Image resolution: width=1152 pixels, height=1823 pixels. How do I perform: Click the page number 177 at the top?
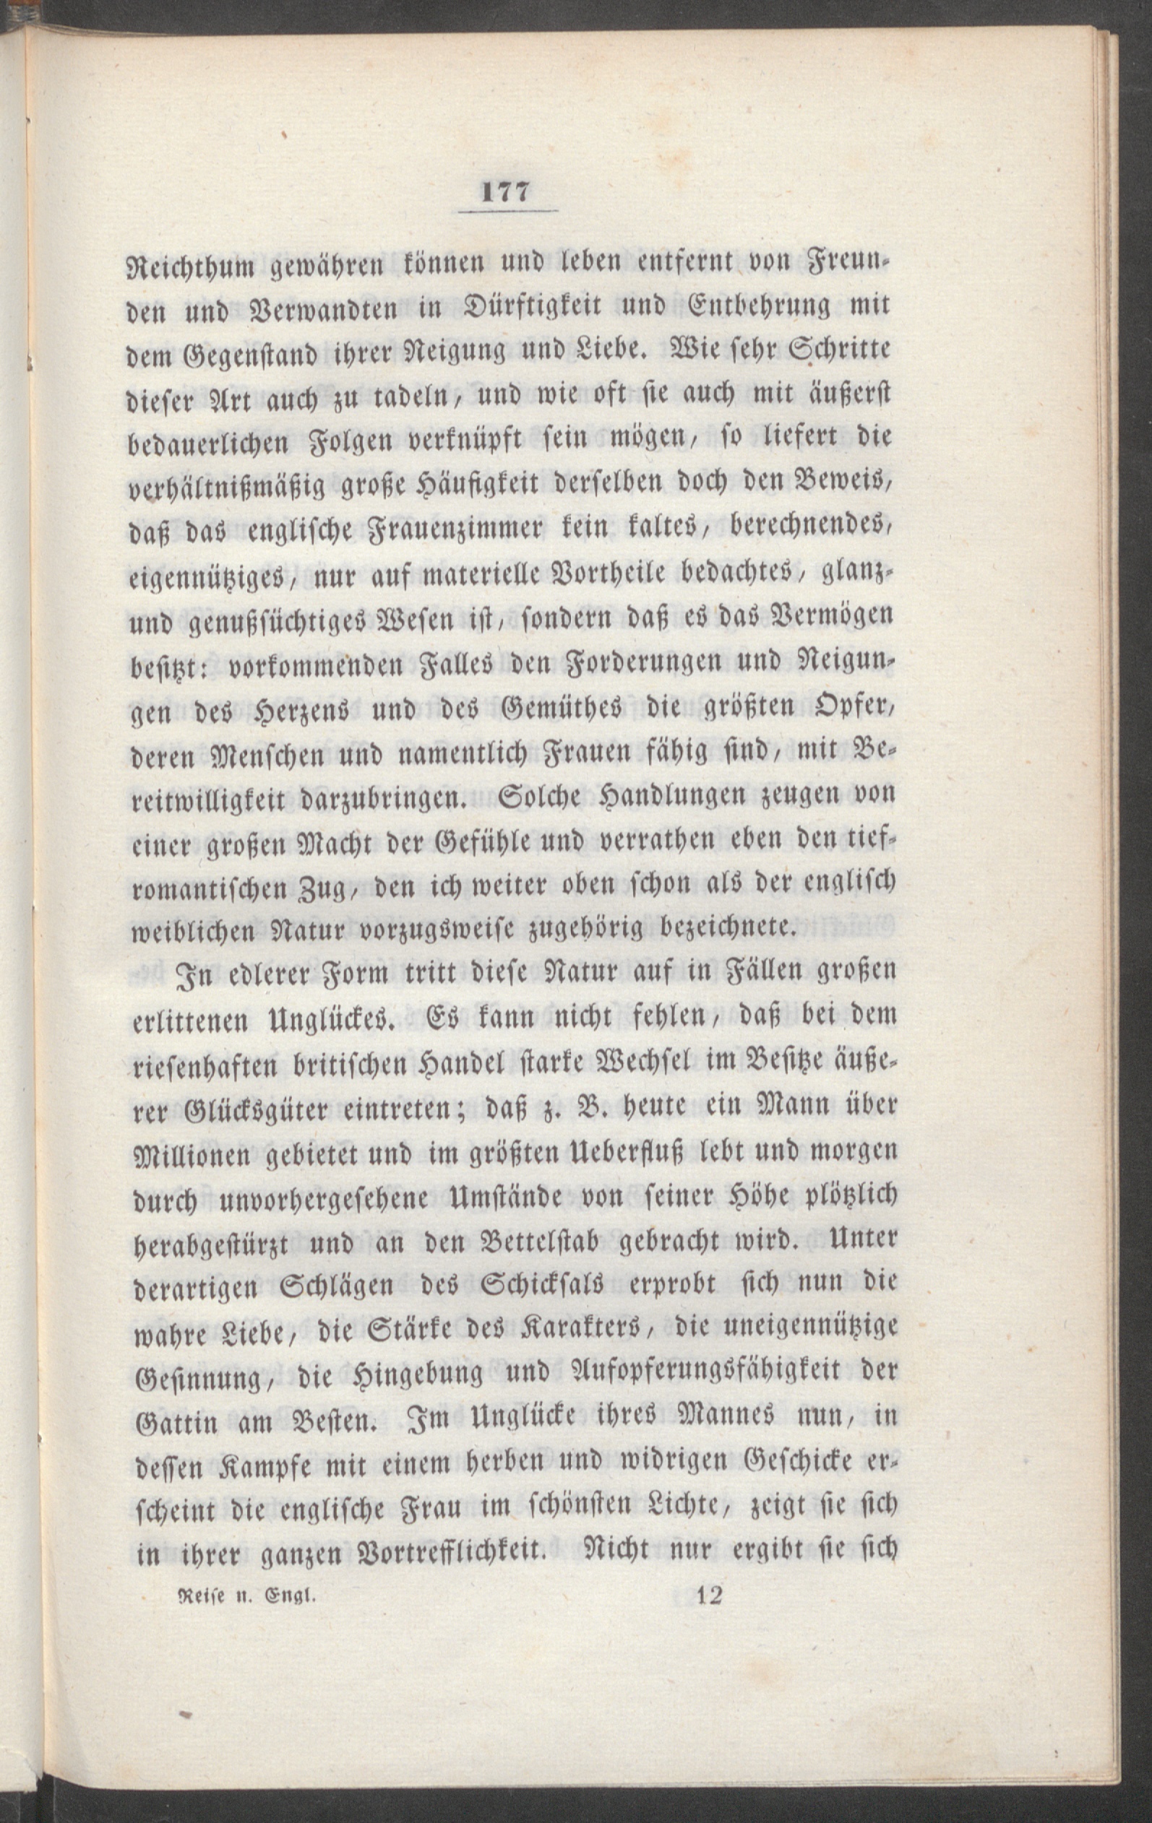[506, 192]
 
